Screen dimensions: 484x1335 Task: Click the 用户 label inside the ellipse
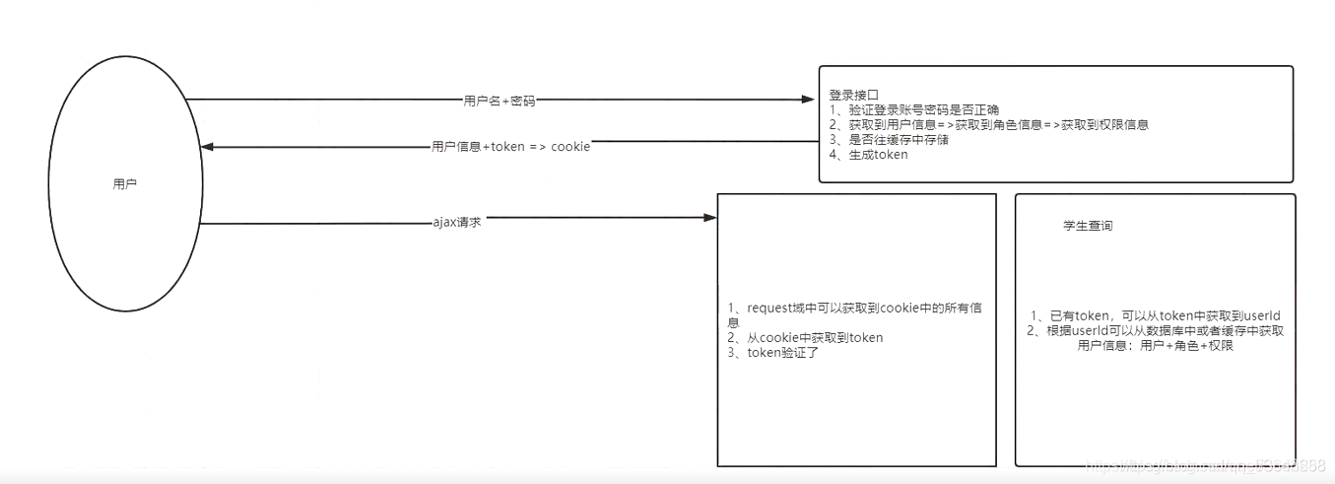tap(125, 184)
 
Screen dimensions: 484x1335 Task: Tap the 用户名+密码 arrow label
tap(500, 101)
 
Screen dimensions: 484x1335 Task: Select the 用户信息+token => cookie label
tap(510, 147)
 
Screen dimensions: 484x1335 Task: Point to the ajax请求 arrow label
tap(457, 222)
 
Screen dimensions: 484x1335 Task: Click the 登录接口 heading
tap(853, 96)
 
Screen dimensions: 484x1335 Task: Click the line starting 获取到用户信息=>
tap(988, 125)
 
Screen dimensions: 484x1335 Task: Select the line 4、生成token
tap(868, 155)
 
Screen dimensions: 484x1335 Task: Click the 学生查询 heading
tap(1088, 226)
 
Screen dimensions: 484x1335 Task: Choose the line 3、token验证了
tap(773, 353)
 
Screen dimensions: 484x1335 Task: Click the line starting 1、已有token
tap(1156, 315)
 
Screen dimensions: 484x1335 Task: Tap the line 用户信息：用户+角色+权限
tap(1156, 346)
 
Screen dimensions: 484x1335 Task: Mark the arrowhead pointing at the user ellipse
tap(207, 147)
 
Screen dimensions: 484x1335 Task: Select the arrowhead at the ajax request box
tap(709, 217)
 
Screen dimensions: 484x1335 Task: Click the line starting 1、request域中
tap(854, 309)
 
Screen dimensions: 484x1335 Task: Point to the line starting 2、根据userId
tap(1156, 331)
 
